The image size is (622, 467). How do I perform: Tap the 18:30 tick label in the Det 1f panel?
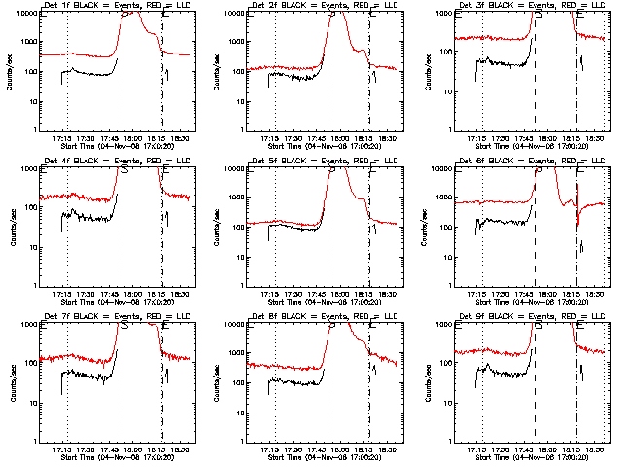[181, 138]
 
